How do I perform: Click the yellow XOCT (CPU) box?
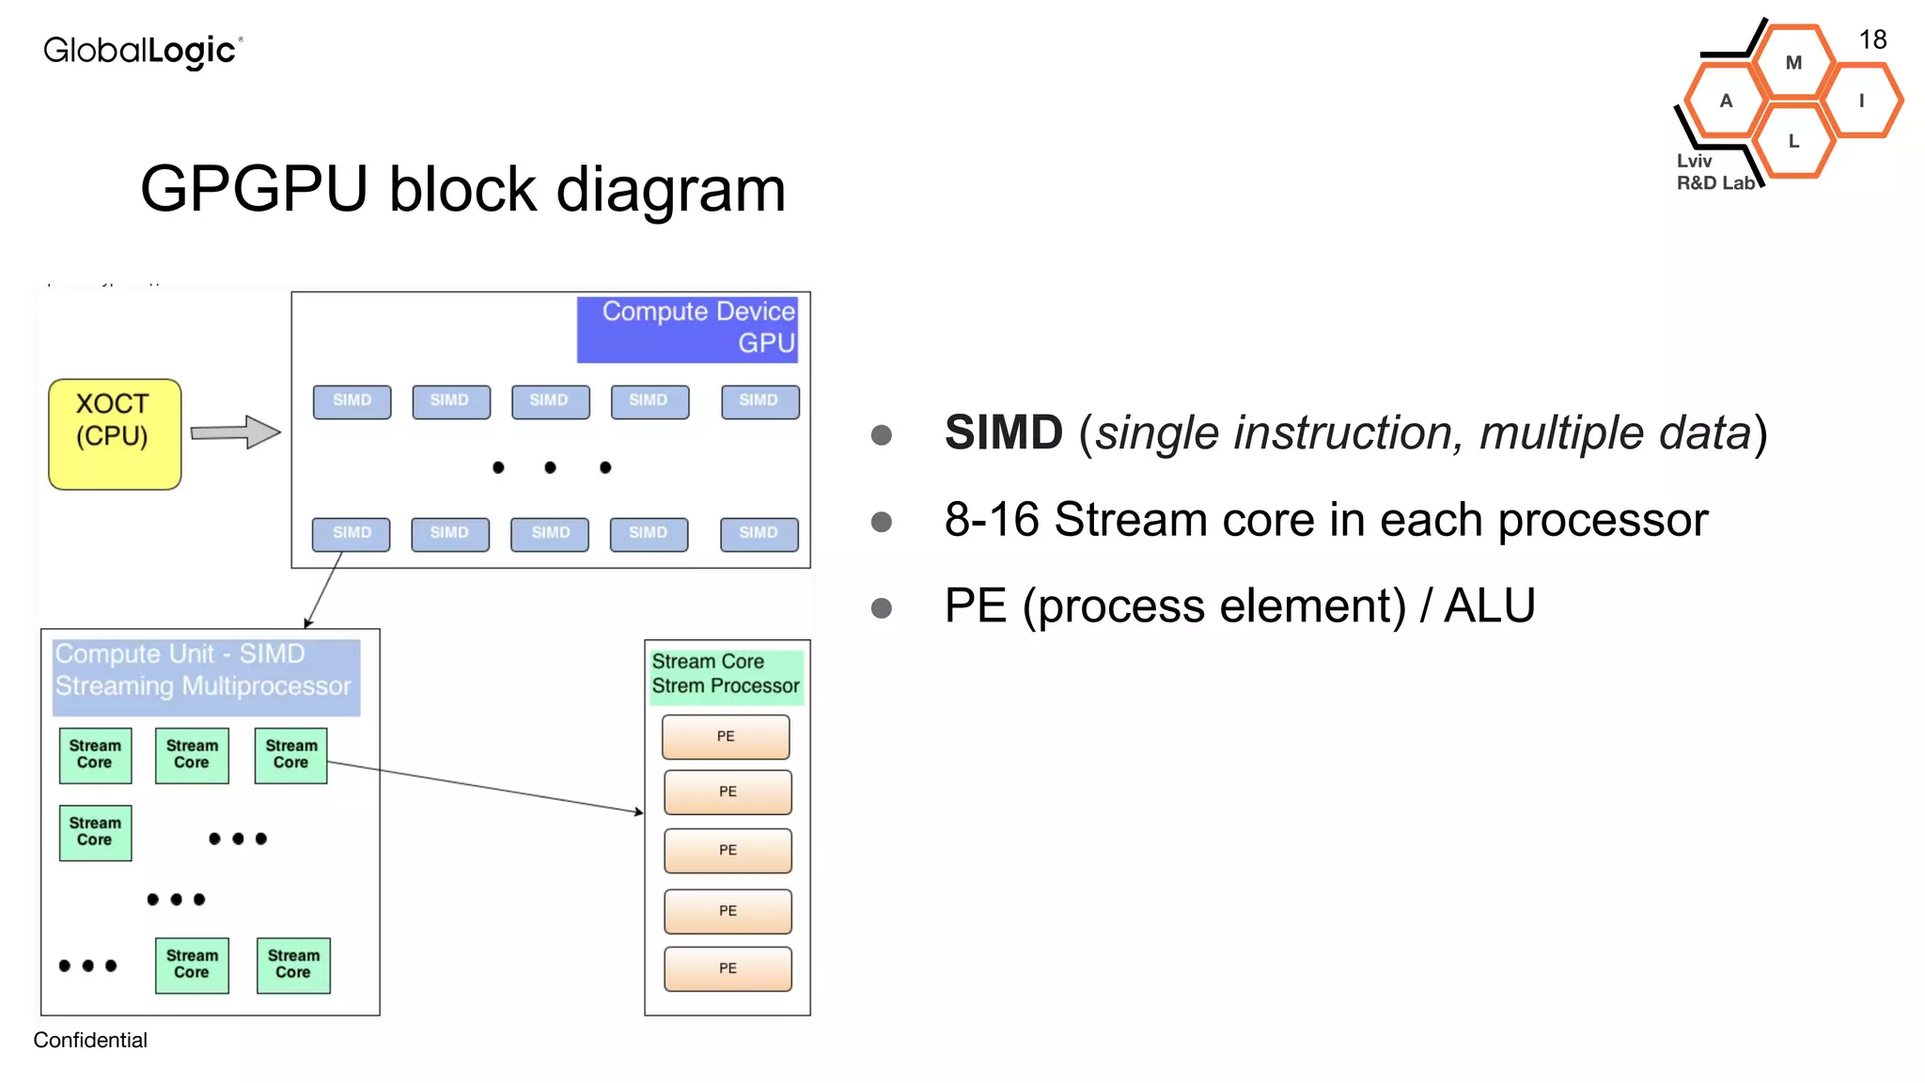(114, 433)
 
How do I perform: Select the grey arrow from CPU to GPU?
(235, 432)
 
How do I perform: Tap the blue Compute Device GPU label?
(688, 328)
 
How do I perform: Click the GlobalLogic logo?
(142, 51)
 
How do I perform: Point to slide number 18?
(1872, 40)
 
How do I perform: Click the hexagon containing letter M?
(1793, 63)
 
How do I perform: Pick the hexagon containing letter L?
(1793, 142)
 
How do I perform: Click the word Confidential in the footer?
(90, 1040)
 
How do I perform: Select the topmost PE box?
(726, 737)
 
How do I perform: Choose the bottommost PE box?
(728, 968)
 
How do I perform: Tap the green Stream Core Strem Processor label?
(726, 674)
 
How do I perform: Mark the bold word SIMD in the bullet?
(1003, 433)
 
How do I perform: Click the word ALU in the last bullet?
(1489, 605)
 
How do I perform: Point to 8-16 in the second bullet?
(992, 520)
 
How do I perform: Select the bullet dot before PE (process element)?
(881, 608)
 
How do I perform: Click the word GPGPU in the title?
(254, 190)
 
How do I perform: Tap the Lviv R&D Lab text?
(1713, 173)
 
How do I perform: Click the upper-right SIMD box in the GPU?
(759, 401)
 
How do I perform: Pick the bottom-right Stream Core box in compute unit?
(293, 965)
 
